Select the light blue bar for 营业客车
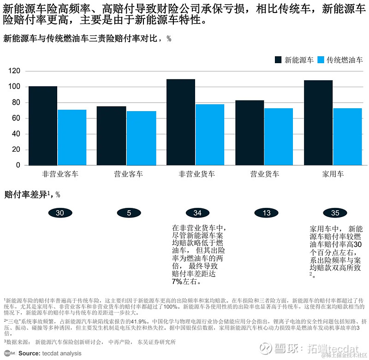141,138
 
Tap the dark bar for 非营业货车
180,122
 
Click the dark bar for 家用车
318,123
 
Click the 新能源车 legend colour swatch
278,60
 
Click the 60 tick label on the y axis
17,118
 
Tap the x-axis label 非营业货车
196,174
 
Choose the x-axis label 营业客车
128,174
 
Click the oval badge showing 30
60,213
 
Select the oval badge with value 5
129,213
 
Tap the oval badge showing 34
197,213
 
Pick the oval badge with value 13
267,213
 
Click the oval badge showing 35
335,213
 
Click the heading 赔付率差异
25,195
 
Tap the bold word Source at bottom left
29,353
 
